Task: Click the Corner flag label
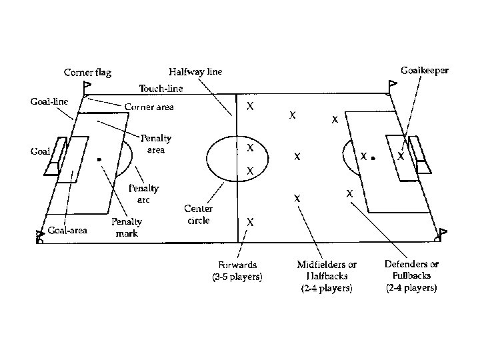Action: [x=87, y=72]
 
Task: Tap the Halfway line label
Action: [x=195, y=71]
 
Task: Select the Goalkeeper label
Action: [x=424, y=69]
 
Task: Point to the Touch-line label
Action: [x=161, y=88]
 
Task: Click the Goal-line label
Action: [x=49, y=102]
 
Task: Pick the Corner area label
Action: [x=149, y=107]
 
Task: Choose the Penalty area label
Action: [x=156, y=144]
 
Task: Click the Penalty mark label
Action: [x=127, y=227]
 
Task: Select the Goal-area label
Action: [x=67, y=231]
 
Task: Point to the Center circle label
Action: [x=199, y=214]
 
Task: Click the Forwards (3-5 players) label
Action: [x=237, y=271]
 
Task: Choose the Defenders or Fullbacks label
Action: [x=411, y=275]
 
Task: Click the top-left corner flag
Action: [x=87, y=86]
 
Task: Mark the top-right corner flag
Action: [x=392, y=85]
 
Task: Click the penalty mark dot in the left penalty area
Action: [x=99, y=160]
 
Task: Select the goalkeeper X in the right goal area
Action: [x=401, y=156]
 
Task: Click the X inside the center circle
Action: [x=250, y=146]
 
